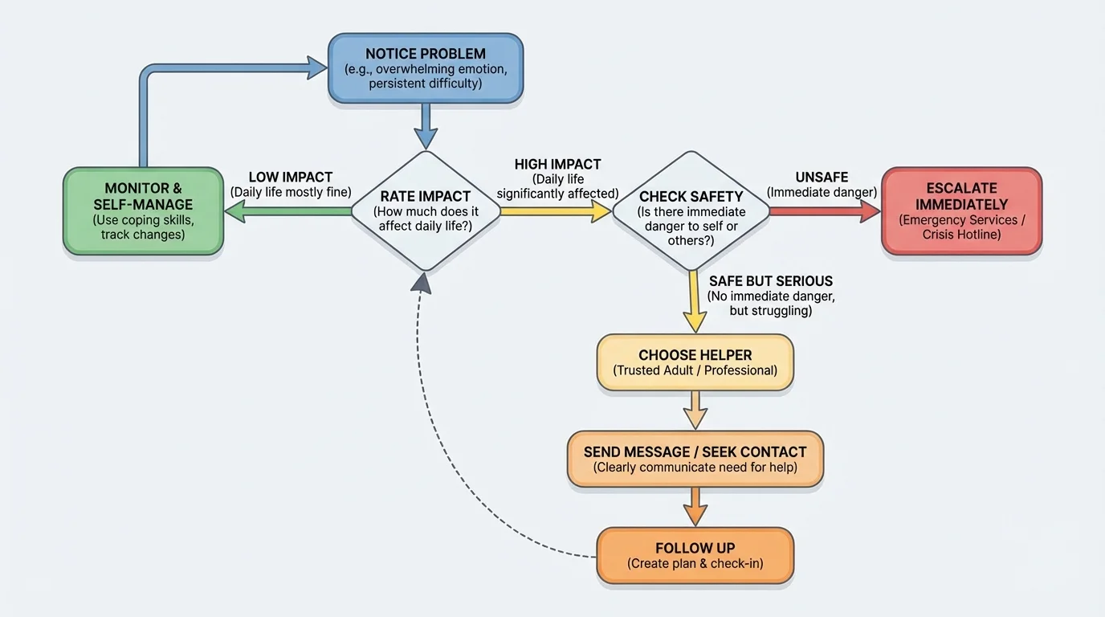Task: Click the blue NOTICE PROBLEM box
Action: pyautogui.click(x=426, y=68)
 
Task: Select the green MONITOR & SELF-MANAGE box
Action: pyautogui.click(x=143, y=211)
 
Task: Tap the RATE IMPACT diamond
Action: pyautogui.click(x=426, y=211)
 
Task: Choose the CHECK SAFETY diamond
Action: pyautogui.click(x=691, y=211)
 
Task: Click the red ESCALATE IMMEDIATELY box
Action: pyautogui.click(x=961, y=211)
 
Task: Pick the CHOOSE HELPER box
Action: pyautogui.click(x=695, y=362)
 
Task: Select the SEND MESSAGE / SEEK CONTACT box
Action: pyautogui.click(x=695, y=459)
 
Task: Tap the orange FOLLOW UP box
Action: pyautogui.click(x=695, y=555)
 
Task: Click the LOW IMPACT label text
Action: pyautogui.click(x=290, y=178)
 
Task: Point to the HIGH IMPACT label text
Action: pyautogui.click(x=557, y=165)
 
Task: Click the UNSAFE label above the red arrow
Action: pyautogui.click(x=822, y=178)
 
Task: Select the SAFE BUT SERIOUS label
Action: pyautogui.click(x=770, y=281)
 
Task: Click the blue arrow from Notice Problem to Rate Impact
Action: pyautogui.click(x=426, y=126)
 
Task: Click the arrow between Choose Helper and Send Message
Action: pyautogui.click(x=695, y=410)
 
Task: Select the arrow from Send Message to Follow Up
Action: pyautogui.click(x=695, y=506)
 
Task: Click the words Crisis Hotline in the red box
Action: pyautogui.click(x=961, y=235)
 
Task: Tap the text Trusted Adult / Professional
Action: pyautogui.click(x=695, y=371)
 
